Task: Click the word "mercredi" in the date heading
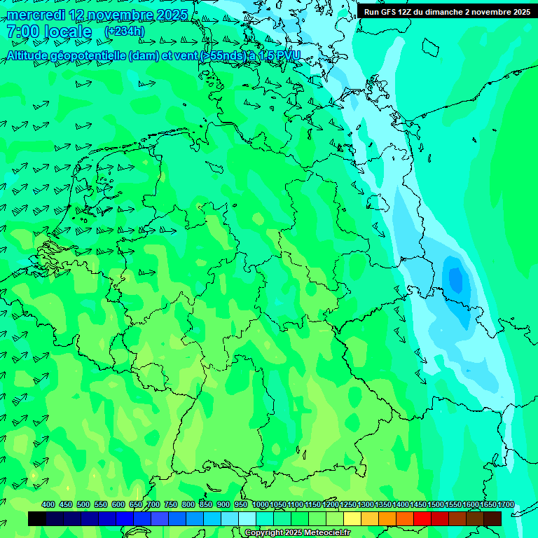tap(34, 15)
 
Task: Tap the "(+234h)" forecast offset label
tap(125, 32)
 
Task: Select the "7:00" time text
tap(22, 32)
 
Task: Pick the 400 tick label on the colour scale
tap(48, 504)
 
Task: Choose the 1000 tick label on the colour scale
tap(260, 504)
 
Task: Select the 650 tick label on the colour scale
tap(136, 504)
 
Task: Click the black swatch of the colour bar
tap(37, 518)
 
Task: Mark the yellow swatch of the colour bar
tap(352, 518)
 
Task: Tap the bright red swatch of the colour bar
tap(422, 518)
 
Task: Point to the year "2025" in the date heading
tap(171, 15)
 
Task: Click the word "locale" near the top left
tap(68, 32)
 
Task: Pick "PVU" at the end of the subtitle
tap(288, 56)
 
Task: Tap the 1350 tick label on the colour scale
tap(383, 504)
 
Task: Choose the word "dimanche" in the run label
tap(440, 12)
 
